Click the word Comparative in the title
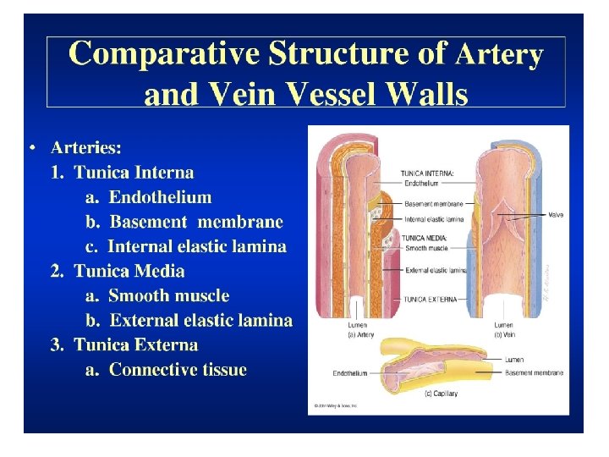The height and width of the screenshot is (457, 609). [165, 54]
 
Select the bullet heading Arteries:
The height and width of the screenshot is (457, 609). [85, 147]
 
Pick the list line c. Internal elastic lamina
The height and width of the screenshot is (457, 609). [186, 247]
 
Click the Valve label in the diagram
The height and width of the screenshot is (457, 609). [557, 215]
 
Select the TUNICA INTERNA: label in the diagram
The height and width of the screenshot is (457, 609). [428, 173]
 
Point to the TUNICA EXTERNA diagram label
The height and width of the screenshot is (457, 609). [431, 299]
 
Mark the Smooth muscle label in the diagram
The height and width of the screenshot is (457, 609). [425, 249]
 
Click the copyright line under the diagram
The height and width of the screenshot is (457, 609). [336, 406]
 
